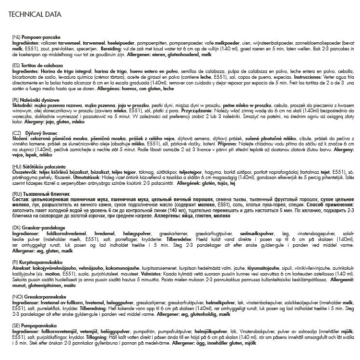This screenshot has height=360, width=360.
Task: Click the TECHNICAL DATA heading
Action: tap(35, 14)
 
